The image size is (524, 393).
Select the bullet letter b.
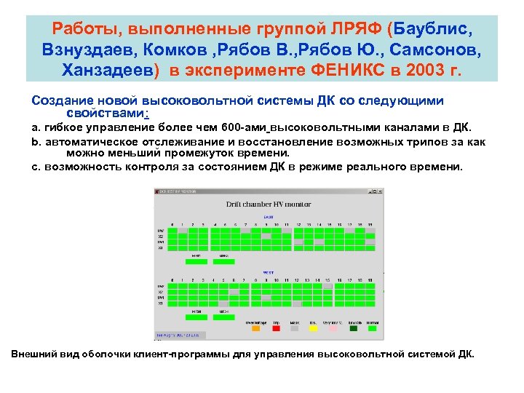pyautogui.click(x=36, y=142)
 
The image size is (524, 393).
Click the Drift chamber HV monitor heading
pyautogui.click(x=268, y=205)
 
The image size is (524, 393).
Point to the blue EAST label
pyautogui.click(x=268, y=217)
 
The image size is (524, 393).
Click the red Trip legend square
pyautogui.click(x=276, y=328)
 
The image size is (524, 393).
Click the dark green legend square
pyautogui.click(x=354, y=328)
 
